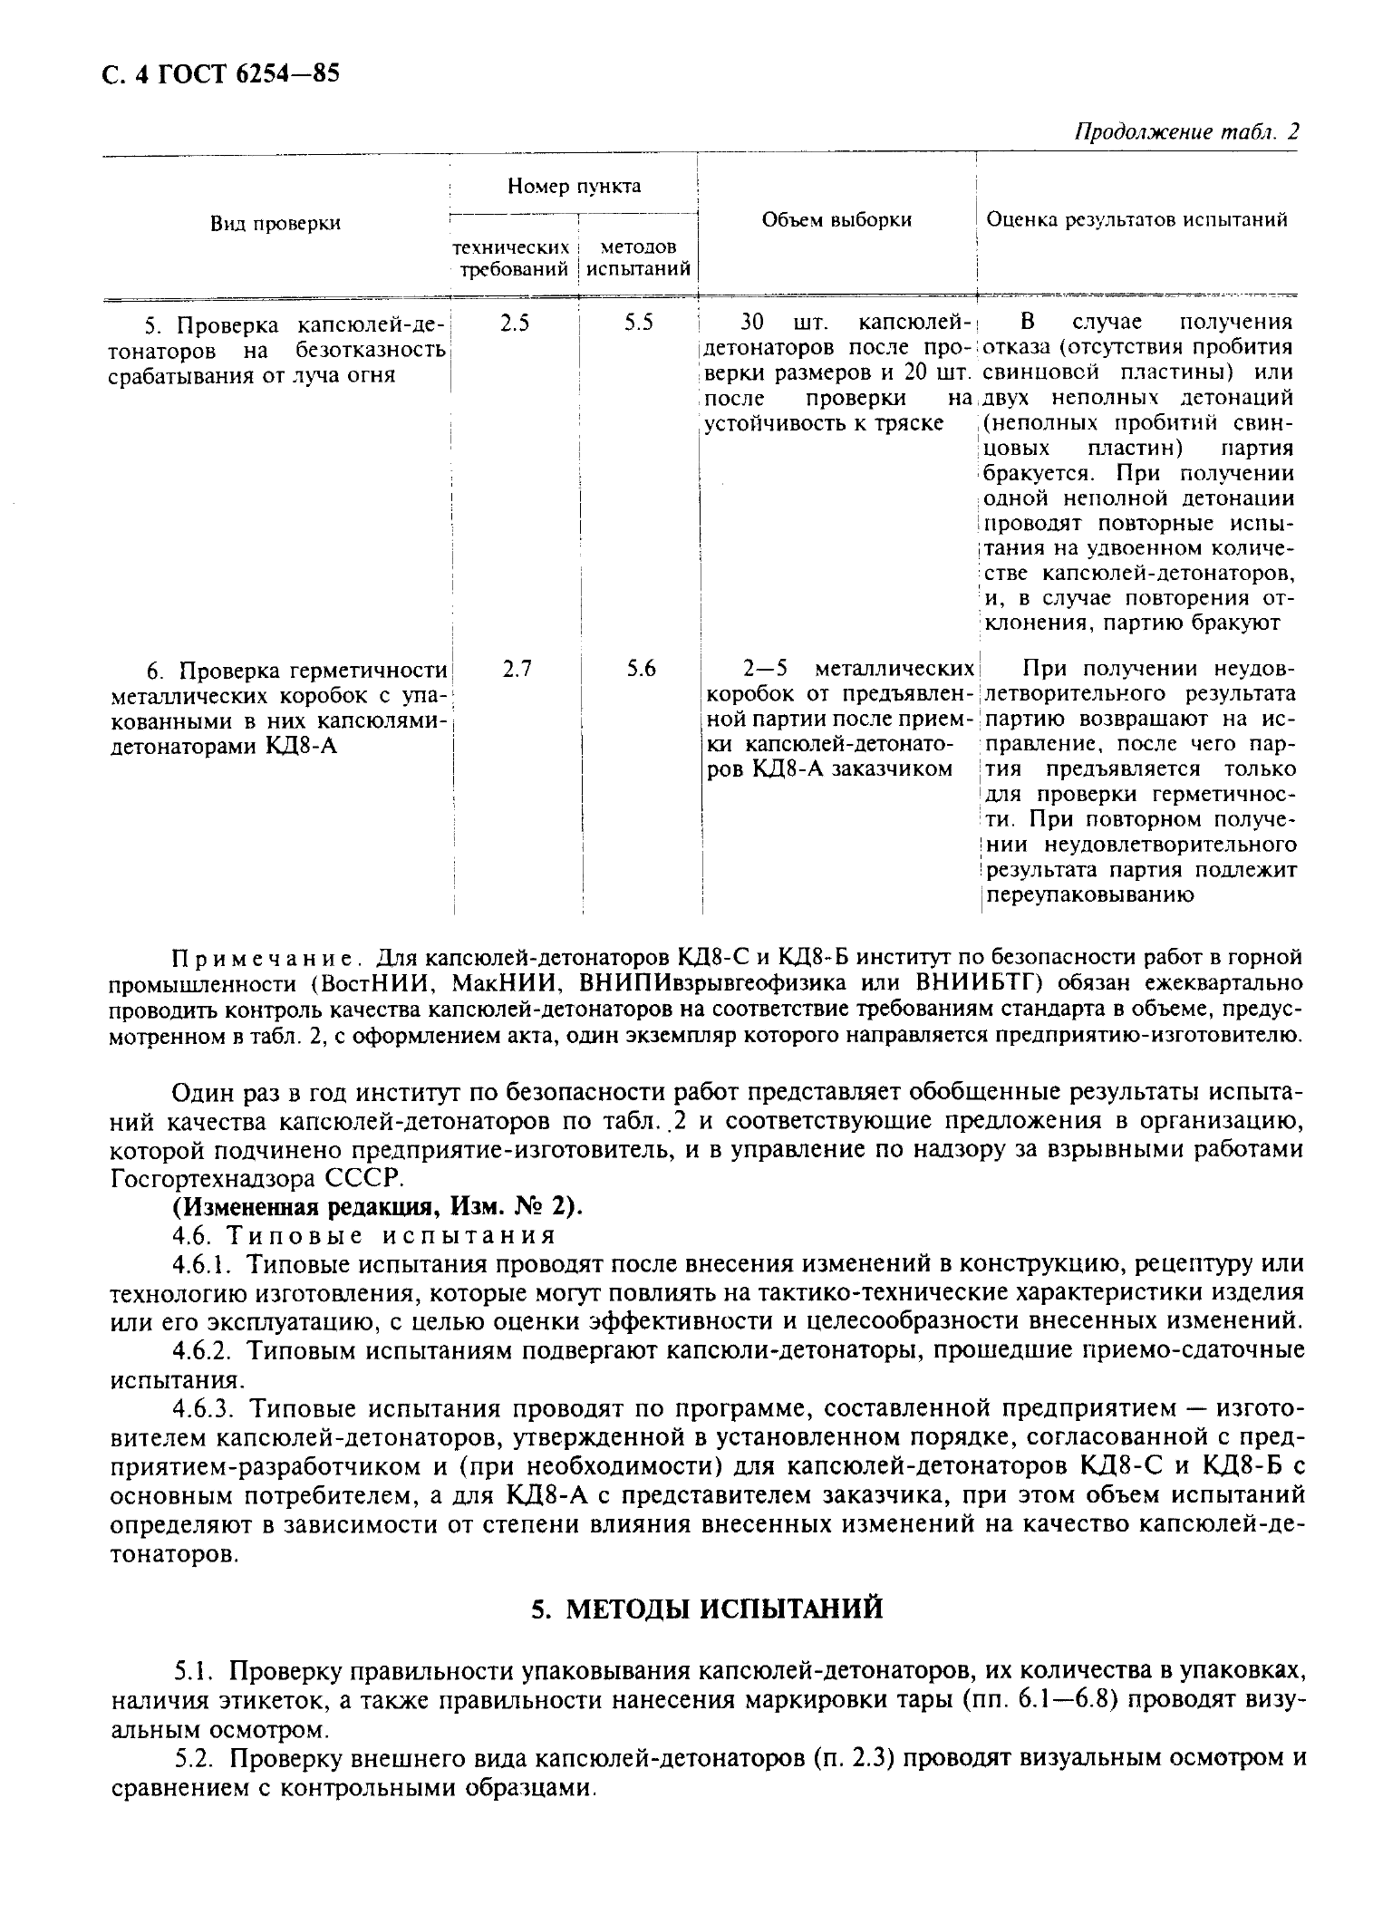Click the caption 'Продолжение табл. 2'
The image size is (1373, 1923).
point(1185,132)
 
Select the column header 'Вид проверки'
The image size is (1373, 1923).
point(276,223)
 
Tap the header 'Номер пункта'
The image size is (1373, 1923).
point(574,187)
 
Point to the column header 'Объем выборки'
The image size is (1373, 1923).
point(836,220)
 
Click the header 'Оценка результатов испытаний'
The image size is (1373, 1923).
point(1136,220)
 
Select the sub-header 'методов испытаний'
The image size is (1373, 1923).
point(638,258)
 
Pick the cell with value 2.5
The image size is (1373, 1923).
point(514,324)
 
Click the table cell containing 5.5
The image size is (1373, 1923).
point(638,324)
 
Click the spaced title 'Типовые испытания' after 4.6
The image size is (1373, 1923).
point(390,1236)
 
